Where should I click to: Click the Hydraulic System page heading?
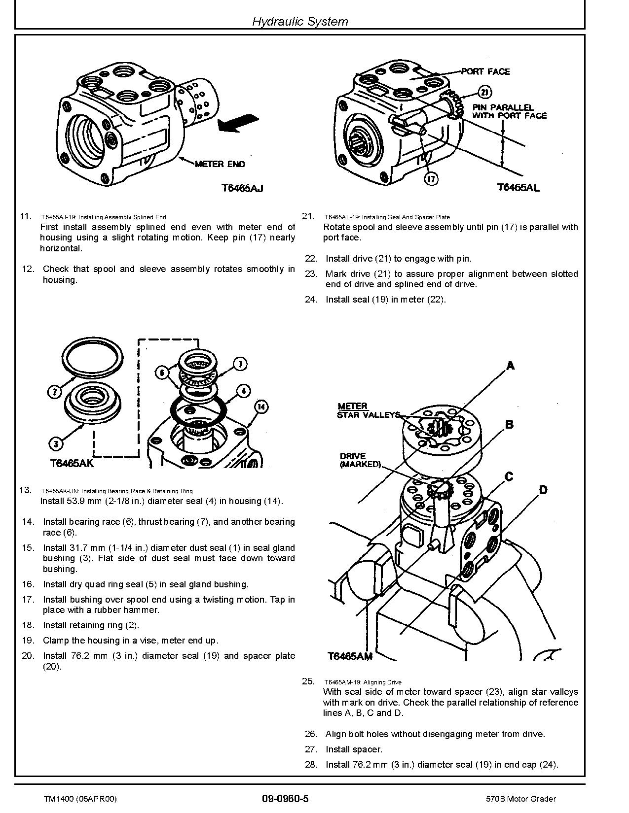(x=300, y=21)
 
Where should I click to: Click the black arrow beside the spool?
(x=238, y=122)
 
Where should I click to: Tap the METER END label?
(x=220, y=164)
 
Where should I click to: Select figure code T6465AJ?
(x=242, y=188)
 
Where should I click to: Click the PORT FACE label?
(x=485, y=71)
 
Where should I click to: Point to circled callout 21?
(x=485, y=92)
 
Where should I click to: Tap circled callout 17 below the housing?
(x=431, y=178)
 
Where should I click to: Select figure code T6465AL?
(x=518, y=187)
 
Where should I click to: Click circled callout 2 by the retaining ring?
(x=54, y=392)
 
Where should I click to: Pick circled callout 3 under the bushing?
(x=56, y=443)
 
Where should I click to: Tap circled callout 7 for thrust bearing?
(x=240, y=365)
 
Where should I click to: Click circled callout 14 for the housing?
(x=261, y=406)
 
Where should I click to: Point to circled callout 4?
(x=243, y=391)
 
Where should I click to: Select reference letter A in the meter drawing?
(x=511, y=366)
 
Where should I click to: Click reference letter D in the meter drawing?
(x=543, y=490)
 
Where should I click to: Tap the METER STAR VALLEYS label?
(x=368, y=410)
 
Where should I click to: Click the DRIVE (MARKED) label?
(x=360, y=460)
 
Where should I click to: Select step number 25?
(x=308, y=681)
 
